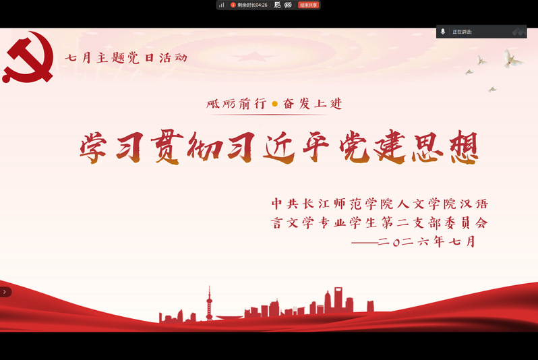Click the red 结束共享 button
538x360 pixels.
[x=309, y=5]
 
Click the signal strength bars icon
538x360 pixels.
[x=222, y=5]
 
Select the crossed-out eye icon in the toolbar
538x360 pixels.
[x=289, y=5]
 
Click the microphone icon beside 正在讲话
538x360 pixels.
[x=443, y=32]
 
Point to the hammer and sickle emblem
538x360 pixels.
[x=28, y=57]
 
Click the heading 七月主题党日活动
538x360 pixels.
[x=126, y=57]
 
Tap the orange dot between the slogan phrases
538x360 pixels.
[x=274, y=104]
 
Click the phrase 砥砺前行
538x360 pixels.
[x=237, y=103]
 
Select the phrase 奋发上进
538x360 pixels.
[x=313, y=103]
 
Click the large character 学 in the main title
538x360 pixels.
[x=93, y=148]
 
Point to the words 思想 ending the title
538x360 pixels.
[x=446, y=148]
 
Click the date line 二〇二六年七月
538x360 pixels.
[x=427, y=241]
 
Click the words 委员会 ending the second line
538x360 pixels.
[x=466, y=222]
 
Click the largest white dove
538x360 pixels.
[x=512, y=59]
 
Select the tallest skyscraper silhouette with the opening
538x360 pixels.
[x=338, y=299]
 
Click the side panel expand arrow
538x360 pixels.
[x=5, y=292]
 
